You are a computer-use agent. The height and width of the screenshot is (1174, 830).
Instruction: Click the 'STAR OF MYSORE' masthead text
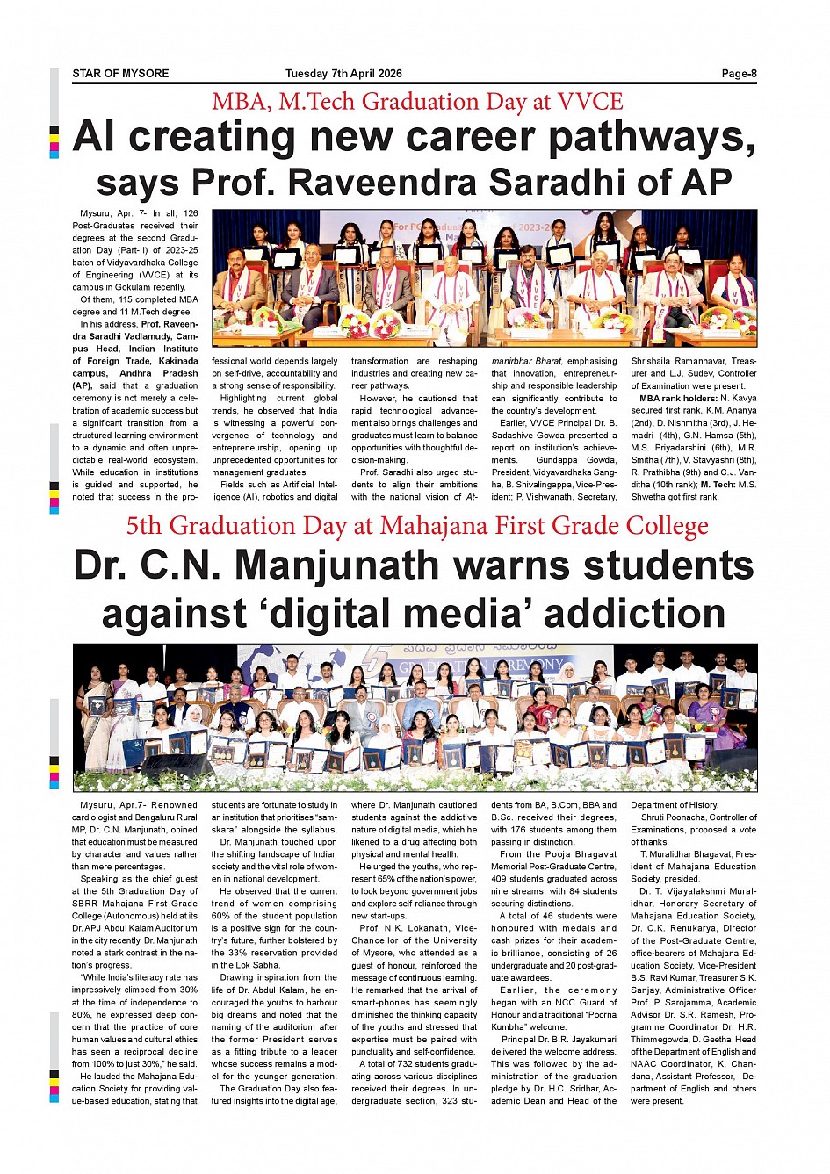coord(120,74)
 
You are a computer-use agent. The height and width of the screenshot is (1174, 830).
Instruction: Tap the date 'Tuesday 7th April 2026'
coord(343,74)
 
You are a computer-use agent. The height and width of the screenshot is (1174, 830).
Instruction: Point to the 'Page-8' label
coord(739,74)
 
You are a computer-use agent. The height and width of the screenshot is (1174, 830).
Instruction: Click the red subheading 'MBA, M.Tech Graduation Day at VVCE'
coord(417,102)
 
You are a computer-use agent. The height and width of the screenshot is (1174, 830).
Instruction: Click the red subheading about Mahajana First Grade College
coord(417,526)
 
